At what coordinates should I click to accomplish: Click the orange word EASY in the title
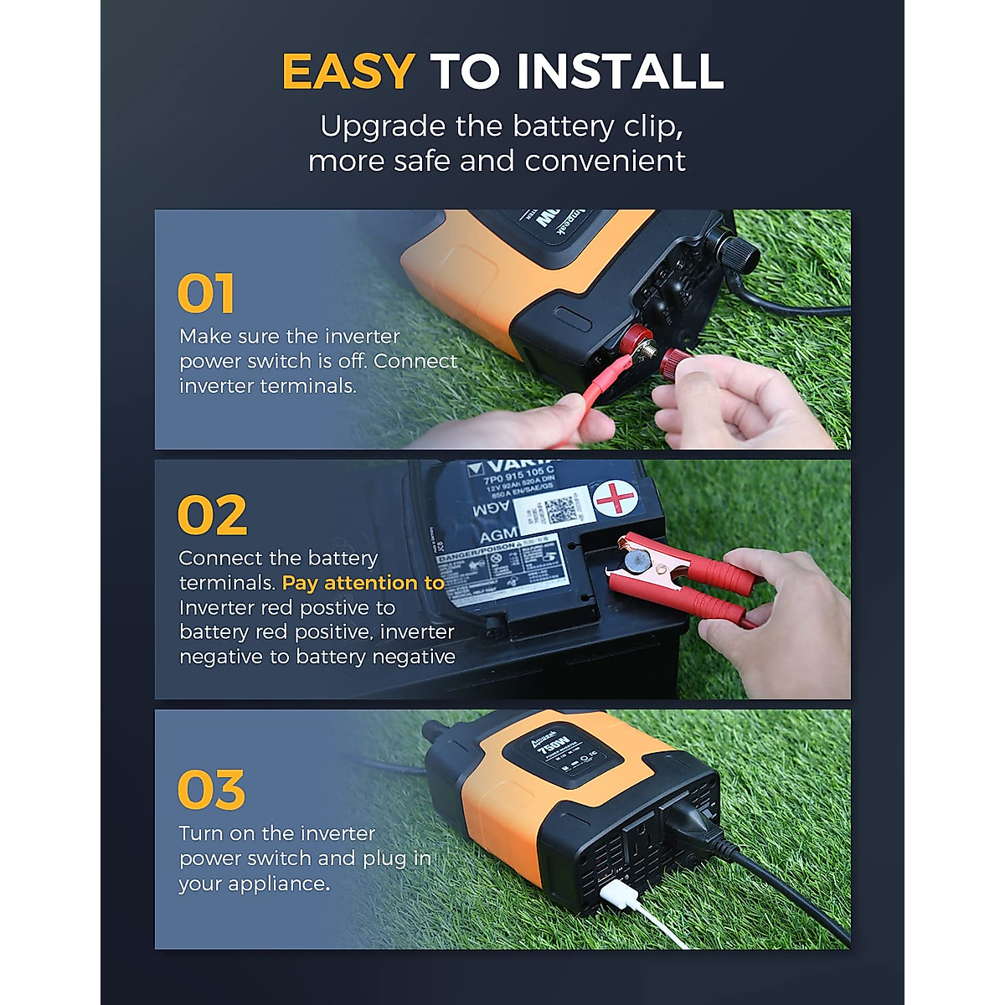point(348,71)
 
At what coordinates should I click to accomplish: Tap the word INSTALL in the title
point(621,71)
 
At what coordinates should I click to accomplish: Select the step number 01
point(206,294)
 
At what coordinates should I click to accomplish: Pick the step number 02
point(213,516)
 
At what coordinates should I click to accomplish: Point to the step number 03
point(212,791)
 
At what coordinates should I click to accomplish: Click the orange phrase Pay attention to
point(363,583)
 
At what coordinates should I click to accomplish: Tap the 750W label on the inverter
point(555,745)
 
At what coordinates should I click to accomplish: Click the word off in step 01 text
point(353,362)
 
